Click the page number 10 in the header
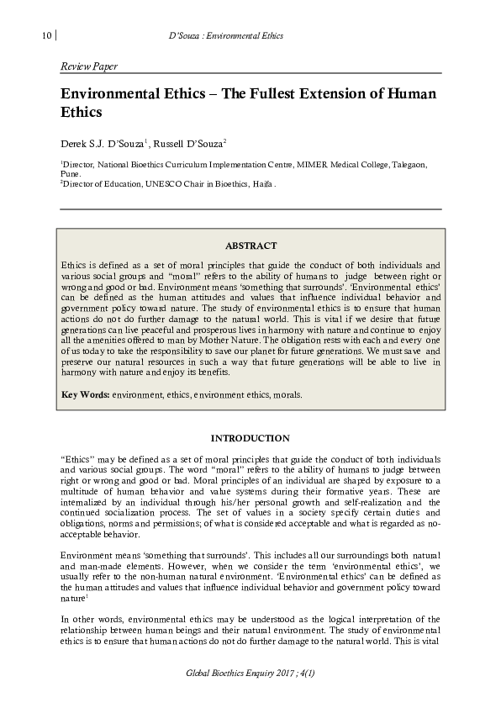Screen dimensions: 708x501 (45, 36)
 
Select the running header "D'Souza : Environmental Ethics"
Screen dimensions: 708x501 (226, 36)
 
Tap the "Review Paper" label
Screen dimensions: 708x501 (88, 66)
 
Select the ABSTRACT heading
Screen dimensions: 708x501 (250, 246)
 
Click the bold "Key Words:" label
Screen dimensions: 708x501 (86, 394)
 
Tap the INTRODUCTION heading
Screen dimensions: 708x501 (250, 438)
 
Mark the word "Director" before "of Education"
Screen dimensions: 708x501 (82, 182)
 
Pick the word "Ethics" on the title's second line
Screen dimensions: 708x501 (82, 111)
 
